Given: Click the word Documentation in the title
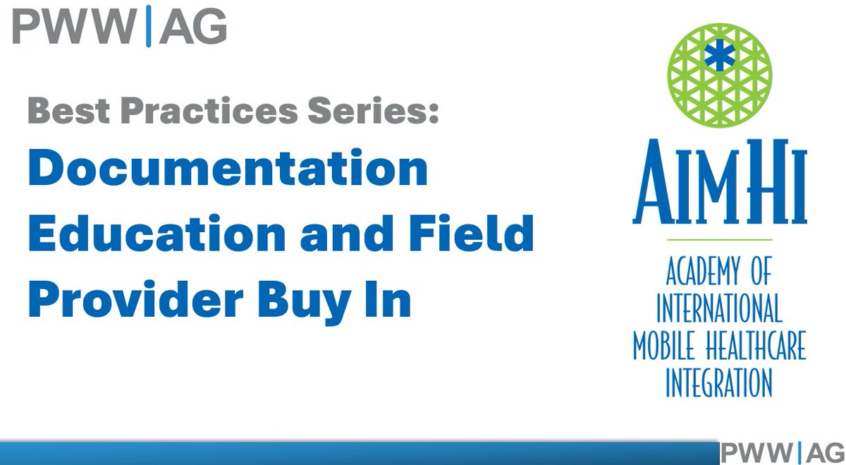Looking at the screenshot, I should coord(228,169).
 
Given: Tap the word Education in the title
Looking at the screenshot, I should coord(156,236).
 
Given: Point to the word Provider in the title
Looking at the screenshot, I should coord(135,300).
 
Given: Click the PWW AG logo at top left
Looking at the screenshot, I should coord(119,28).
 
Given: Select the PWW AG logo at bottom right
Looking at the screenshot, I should coord(782,451).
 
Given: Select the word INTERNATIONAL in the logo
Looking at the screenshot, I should coord(719,309).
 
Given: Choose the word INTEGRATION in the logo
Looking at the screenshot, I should coord(719,384).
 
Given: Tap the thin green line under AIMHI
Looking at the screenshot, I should coord(719,241).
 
